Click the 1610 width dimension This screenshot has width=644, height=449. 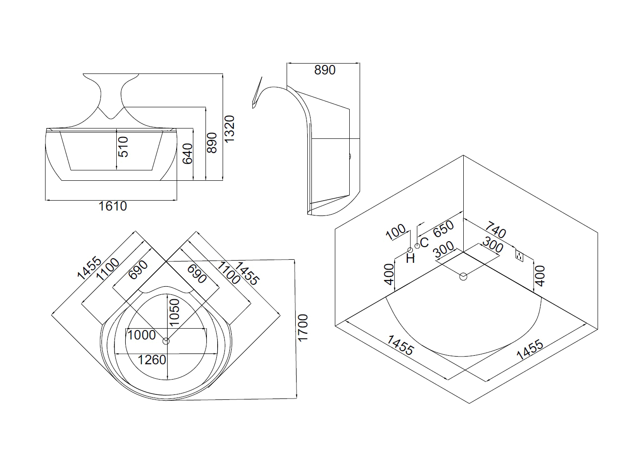coord(113,206)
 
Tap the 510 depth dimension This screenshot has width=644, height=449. coord(123,147)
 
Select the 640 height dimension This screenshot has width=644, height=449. coord(188,154)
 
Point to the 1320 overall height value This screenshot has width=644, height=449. coord(229,128)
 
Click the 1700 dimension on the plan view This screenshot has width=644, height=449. coord(303,328)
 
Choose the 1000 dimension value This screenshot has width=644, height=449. coord(142,335)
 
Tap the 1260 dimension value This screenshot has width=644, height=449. coord(152,360)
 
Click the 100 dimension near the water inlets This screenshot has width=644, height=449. coord(396,232)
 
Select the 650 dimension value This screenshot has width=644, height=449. coord(443,229)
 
